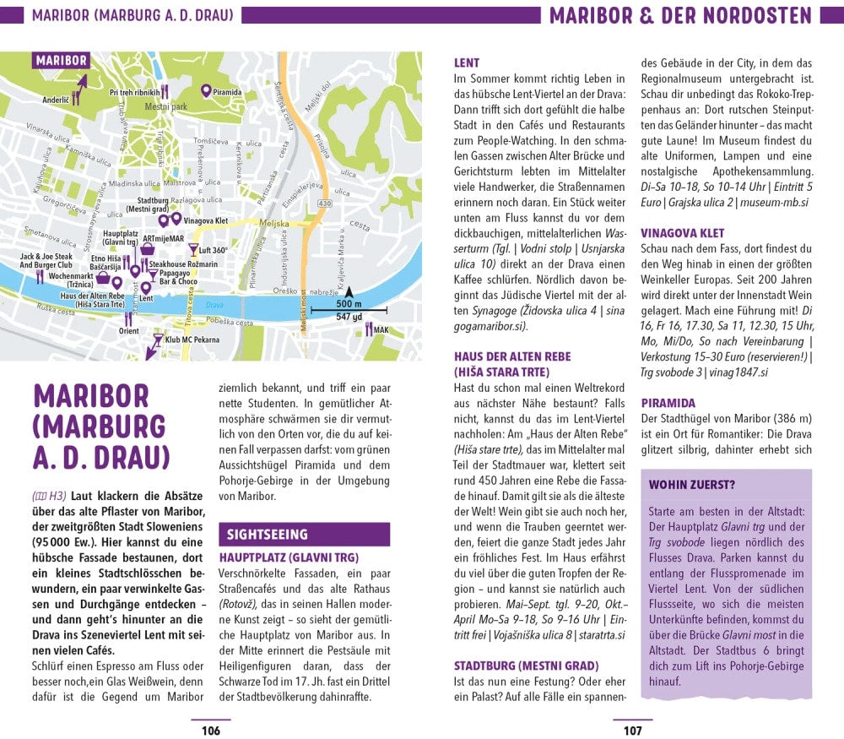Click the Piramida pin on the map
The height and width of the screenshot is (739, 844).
205,90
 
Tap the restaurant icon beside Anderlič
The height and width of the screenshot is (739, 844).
75,98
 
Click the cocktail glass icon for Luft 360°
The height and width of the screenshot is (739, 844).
193,250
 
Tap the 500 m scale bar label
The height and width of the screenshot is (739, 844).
348,304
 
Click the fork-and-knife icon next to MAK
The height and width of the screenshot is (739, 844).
369,329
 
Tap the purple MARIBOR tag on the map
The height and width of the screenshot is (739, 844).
61,61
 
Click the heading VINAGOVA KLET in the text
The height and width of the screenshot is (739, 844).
682,233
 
